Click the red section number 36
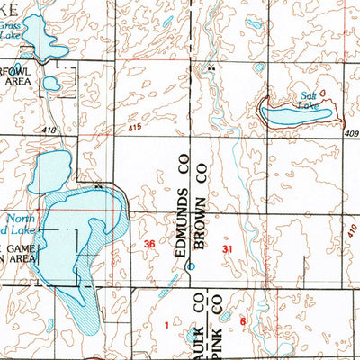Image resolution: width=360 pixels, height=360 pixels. point(151,245)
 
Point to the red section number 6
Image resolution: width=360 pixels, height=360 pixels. point(243,320)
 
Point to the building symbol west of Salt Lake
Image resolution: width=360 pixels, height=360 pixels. point(212,68)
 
